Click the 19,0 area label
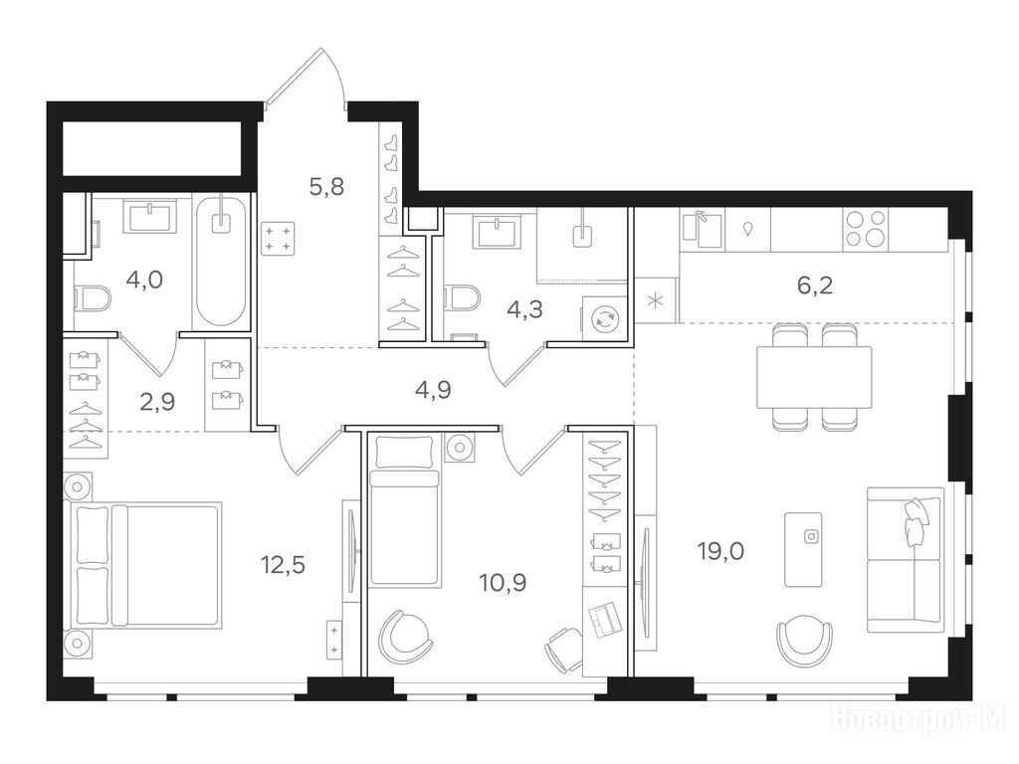720,551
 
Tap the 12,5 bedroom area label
283,565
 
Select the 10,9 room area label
503,583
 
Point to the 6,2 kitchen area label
815,286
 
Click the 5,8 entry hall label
326,187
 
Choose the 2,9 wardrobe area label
157,402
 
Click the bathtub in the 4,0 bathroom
221,262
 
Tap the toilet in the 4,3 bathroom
462,299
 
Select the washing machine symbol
604,318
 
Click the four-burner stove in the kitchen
865,230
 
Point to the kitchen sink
702,230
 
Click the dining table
814,377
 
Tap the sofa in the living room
906,560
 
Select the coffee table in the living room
803,549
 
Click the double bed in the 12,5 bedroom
143,564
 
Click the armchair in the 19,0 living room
805,640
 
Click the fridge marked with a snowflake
657,300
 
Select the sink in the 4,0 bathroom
151,216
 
